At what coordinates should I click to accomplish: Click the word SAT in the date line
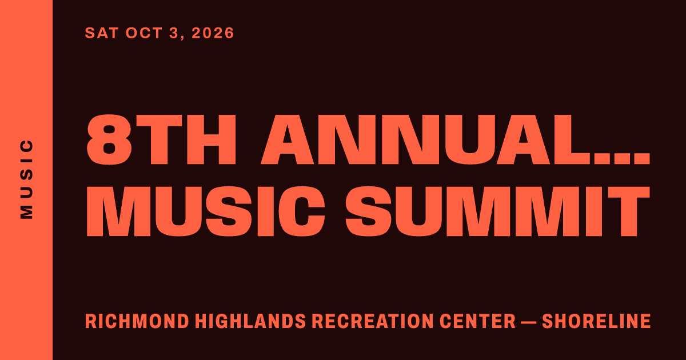click(x=102, y=33)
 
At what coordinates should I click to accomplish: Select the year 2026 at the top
click(x=213, y=33)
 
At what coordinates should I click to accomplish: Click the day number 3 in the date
click(x=174, y=33)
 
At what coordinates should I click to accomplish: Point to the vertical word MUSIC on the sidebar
click(x=27, y=179)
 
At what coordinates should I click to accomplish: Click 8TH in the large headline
click(x=161, y=139)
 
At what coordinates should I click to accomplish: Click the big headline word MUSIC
click(x=205, y=211)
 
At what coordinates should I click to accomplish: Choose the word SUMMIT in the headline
click(x=498, y=211)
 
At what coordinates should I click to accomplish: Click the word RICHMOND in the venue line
click(x=137, y=321)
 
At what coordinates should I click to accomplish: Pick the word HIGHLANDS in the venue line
click(x=250, y=321)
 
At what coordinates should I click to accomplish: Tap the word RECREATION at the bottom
click(x=372, y=321)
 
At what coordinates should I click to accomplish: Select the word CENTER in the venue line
click(x=478, y=321)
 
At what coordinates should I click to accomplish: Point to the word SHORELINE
click(x=596, y=321)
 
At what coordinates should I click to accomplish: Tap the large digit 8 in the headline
click(x=109, y=139)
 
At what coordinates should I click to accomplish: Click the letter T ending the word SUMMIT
click(x=629, y=211)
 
